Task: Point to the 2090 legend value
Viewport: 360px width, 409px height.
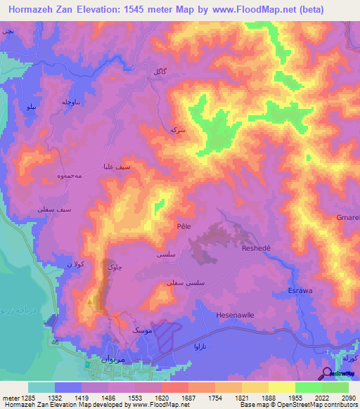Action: pyautogui.click(x=347, y=397)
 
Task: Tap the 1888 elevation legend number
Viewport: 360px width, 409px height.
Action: pyautogui.click(x=268, y=397)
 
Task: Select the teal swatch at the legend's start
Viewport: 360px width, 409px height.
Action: pyautogui.click(x=41, y=387)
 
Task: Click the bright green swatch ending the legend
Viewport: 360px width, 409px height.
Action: pyautogui.click(x=335, y=387)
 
